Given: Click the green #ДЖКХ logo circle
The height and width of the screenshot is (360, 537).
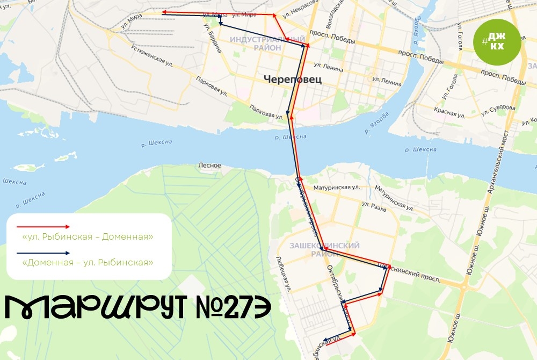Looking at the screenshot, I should click(496, 41).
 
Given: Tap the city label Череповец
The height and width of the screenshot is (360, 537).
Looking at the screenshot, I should click(292, 80).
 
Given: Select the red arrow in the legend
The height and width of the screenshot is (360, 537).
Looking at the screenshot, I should click(43, 227).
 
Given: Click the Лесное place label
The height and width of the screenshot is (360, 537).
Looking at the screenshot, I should click(209, 165).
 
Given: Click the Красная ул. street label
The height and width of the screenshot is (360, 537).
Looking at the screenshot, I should click(451, 114).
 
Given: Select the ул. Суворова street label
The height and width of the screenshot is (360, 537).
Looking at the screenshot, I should click(498, 109).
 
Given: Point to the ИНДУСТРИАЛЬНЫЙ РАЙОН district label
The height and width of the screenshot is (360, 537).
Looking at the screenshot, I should click(267, 44).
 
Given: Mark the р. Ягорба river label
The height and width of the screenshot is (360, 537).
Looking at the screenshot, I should click(374, 121).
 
